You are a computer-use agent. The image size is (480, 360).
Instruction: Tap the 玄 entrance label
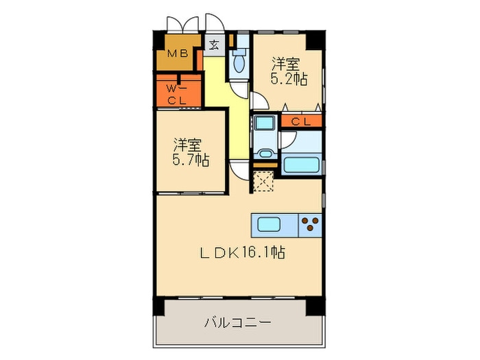(213, 46)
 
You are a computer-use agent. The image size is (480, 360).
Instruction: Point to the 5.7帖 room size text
(190, 160)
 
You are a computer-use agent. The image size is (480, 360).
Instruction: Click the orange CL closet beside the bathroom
(300, 121)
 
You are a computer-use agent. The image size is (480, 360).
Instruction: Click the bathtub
(301, 165)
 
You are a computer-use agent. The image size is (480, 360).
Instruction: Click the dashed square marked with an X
(263, 180)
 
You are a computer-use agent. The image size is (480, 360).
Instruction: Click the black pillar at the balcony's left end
(158, 306)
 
